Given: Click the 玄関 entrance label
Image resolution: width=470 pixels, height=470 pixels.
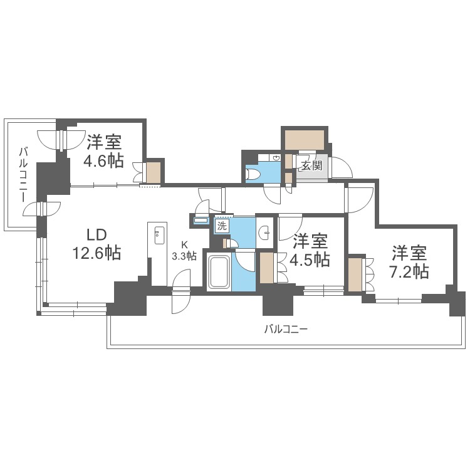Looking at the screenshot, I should [x=311, y=166].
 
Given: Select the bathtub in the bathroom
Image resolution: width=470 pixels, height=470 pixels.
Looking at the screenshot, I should [x=219, y=272].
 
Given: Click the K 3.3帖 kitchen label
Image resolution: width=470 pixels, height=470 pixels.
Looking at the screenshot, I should [x=184, y=251].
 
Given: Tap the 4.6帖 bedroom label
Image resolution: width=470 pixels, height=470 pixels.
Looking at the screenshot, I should [x=103, y=151].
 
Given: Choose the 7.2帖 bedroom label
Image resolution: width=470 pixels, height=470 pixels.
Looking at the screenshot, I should [x=410, y=263].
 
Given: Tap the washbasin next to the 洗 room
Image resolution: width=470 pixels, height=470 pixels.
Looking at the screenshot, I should [x=265, y=232].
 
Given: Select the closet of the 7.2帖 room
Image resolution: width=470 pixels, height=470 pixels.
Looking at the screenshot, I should [x=355, y=273].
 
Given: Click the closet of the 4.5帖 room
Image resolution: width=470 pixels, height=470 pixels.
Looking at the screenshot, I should [x=266, y=266].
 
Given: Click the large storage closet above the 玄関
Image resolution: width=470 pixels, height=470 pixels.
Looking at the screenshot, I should [x=305, y=138].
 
